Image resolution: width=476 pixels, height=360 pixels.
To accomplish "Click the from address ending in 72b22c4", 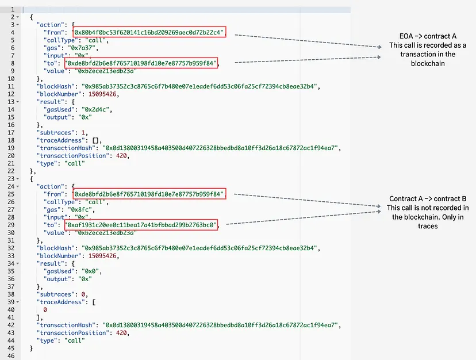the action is click(149, 32).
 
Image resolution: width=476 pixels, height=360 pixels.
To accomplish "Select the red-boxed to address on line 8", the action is click(141, 63).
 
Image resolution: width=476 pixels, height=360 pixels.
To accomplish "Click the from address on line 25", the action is click(149, 194).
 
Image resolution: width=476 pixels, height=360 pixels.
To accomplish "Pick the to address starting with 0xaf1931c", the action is click(141, 225).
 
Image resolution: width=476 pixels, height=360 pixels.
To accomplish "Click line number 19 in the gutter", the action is click(11, 148).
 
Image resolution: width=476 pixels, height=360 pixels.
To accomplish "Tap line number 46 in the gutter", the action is click(11, 356).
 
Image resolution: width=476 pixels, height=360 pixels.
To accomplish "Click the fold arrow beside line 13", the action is click(18, 102).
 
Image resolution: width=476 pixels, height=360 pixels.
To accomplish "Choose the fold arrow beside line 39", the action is click(18, 302).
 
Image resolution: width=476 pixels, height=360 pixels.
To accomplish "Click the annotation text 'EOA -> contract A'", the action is click(428, 36).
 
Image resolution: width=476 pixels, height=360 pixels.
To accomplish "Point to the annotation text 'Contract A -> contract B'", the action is click(428, 198).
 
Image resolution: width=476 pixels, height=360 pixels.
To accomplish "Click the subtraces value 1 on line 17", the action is click(83, 132).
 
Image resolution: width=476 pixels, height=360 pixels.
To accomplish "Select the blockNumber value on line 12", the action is click(102, 94).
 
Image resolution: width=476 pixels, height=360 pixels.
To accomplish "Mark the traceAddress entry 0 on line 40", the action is click(45, 309).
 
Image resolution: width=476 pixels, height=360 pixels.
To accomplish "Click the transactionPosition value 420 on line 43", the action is click(121, 333).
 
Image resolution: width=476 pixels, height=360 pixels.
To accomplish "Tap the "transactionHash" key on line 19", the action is click(66, 148).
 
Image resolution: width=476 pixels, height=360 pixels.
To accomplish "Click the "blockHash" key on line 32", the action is click(56, 248).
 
